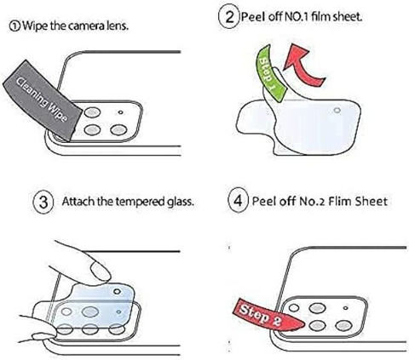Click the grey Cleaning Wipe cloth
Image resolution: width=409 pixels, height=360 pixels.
[42, 100]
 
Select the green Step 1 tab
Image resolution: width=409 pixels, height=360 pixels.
[270, 74]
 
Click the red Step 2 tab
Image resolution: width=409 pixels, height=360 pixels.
[267, 314]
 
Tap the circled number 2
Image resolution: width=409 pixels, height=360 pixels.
[229, 17]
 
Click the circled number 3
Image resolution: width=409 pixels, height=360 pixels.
[43, 202]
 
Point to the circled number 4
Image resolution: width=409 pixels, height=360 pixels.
[239, 201]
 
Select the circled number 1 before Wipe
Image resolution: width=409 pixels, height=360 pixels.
[14, 26]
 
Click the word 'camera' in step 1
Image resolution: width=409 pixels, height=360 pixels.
[85, 26]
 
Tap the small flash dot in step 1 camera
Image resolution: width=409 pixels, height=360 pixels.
[121, 112]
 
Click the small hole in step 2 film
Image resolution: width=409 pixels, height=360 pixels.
[337, 111]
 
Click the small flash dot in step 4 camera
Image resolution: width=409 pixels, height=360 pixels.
[346, 308]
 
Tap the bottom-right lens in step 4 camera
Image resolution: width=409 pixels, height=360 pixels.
[343, 326]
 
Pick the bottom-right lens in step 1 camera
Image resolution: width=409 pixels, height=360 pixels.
[118, 130]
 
